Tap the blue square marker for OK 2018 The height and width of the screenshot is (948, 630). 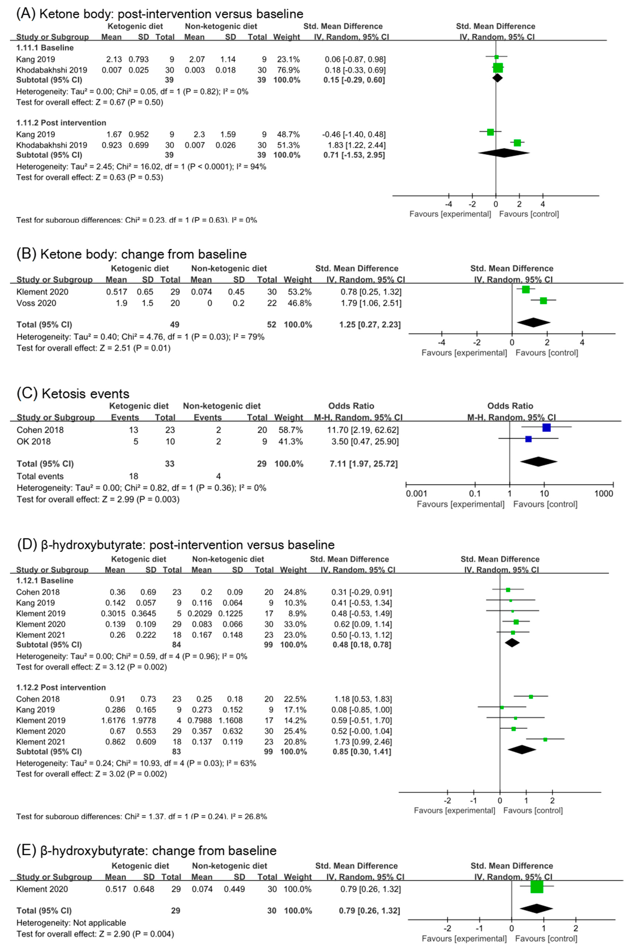point(528,439)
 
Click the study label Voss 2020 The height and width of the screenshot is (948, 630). point(36,303)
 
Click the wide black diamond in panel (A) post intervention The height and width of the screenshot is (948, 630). point(503,153)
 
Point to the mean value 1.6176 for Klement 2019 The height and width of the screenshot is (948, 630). point(113,720)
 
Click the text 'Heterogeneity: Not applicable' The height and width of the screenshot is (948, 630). point(71,923)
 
